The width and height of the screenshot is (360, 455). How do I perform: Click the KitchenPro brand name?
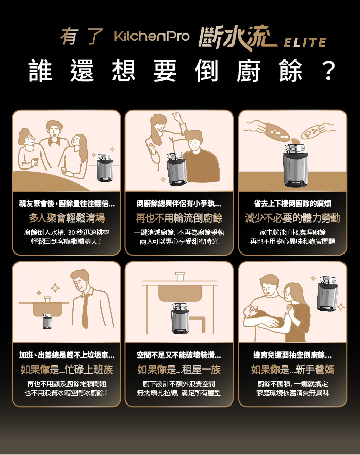pyautogui.click(x=152, y=36)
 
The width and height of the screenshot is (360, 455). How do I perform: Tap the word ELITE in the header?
pyautogui.click(x=305, y=42)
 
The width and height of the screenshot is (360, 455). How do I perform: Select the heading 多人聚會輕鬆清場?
pyautogui.click(x=67, y=218)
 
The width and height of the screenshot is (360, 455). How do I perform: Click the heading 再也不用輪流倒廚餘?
pyautogui.click(x=179, y=218)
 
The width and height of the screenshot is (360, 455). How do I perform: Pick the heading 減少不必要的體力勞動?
pyautogui.click(x=292, y=218)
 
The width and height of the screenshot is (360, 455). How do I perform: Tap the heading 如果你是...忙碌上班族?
pyautogui.click(x=67, y=369)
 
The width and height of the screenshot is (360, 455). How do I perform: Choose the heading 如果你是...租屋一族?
pyautogui.click(x=179, y=369)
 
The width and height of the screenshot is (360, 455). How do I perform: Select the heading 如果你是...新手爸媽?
pyautogui.click(x=292, y=369)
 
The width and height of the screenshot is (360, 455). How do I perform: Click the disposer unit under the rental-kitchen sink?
pyautogui.click(x=181, y=318)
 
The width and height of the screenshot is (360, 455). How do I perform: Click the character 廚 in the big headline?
pyautogui.click(x=248, y=71)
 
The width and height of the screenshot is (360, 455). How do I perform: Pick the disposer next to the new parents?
pyautogui.click(x=328, y=294)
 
